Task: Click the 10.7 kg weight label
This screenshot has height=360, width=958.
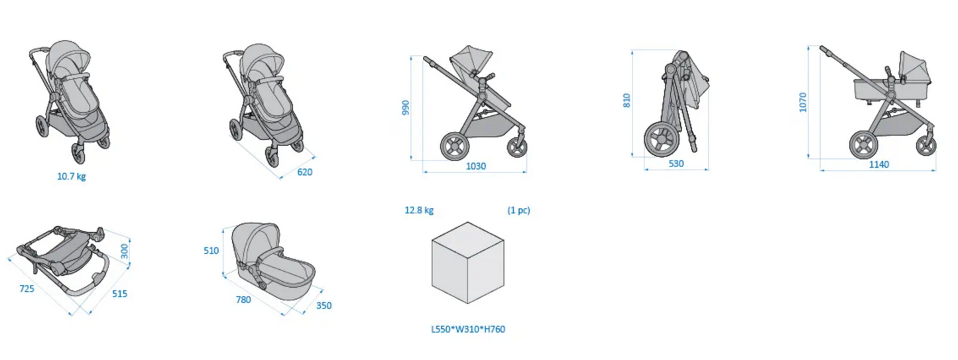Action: point(72,176)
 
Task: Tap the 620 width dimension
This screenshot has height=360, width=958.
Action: point(304,172)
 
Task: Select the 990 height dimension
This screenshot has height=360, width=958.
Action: point(406,107)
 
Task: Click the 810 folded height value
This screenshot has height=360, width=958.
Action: point(627,100)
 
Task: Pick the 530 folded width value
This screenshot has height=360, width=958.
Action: point(676,164)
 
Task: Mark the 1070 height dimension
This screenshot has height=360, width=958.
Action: point(803,102)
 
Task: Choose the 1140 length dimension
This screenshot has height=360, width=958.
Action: point(878,164)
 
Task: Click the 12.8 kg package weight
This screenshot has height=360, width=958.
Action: point(419,211)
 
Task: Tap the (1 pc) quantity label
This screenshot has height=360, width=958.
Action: point(518,211)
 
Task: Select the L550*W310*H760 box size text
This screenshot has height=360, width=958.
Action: point(468,329)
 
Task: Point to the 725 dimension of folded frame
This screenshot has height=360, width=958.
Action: point(27,288)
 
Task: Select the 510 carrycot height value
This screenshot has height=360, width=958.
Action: point(211,251)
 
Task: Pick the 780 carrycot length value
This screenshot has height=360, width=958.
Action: point(243,299)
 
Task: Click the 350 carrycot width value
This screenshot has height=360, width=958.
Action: point(324,306)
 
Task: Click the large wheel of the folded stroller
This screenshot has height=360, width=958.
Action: point(660,140)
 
